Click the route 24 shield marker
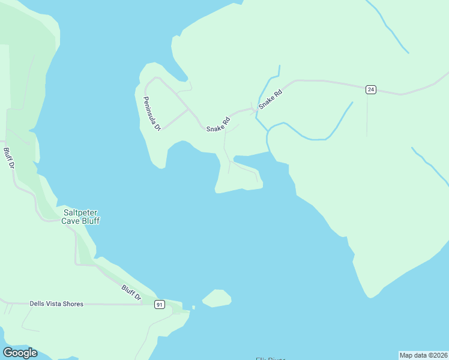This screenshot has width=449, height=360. (x=370, y=89)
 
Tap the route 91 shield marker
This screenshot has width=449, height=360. (x=159, y=305)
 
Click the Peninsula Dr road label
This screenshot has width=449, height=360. (x=152, y=113)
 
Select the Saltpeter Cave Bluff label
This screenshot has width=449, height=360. (x=81, y=217)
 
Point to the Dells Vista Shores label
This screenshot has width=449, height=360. (x=56, y=304)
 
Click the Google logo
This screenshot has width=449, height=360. (x=20, y=353)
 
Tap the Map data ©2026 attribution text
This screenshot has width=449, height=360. (x=423, y=355)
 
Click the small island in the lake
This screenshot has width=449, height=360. (x=217, y=298)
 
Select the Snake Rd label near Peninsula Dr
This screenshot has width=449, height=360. (x=218, y=125)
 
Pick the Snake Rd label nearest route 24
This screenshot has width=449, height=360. (x=270, y=100)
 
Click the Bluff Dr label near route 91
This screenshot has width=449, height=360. (x=131, y=293)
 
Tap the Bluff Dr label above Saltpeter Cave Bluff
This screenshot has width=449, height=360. (x=8, y=158)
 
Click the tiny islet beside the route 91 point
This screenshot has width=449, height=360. (x=193, y=308)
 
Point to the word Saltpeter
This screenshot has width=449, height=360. (x=81, y=212)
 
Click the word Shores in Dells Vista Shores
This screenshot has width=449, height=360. (x=71, y=304)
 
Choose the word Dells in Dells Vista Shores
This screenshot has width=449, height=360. (x=37, y=304)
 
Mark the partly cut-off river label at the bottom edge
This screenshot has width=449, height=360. (x=270, y=358)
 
